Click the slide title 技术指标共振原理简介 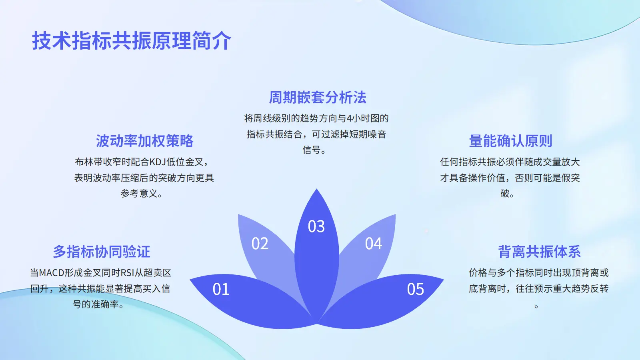coord(132,41)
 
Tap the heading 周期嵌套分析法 coord(318,98)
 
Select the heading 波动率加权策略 coord(144,141)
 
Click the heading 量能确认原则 coord(510,141)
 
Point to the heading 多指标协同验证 coord(102,252)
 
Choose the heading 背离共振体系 coord(540,252)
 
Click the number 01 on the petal coord(221,289)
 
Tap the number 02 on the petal coord(260,244)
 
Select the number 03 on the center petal coord(316,226)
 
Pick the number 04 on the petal coord(374,244)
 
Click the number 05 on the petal coord(416,289)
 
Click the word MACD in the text coord(52,273)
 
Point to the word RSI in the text coord(127,273)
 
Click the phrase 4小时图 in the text coord(360,118)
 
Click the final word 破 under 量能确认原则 coord(505,194)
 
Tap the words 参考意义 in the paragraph coord(139,194)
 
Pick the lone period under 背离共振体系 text coord(536,306)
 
